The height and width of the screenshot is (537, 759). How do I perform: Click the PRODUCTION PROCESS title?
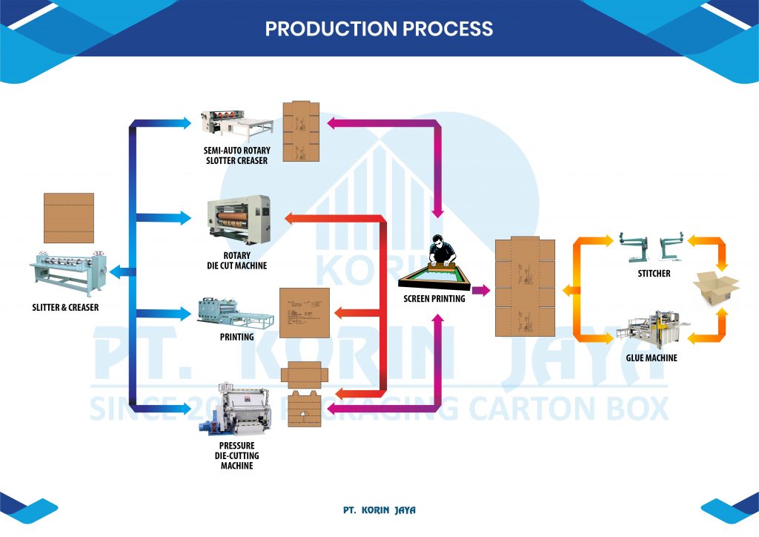379,29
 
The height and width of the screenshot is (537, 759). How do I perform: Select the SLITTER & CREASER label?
65,307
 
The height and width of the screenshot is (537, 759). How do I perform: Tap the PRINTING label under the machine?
237,337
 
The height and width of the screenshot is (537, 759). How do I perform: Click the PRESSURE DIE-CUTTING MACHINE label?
236,455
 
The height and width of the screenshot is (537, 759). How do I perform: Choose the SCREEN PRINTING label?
434,299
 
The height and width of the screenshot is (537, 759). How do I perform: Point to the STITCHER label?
654,274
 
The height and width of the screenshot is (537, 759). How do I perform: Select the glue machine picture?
652,331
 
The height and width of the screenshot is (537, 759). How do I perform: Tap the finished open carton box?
716,288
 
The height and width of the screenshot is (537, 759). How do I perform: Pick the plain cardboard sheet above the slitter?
69,217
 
